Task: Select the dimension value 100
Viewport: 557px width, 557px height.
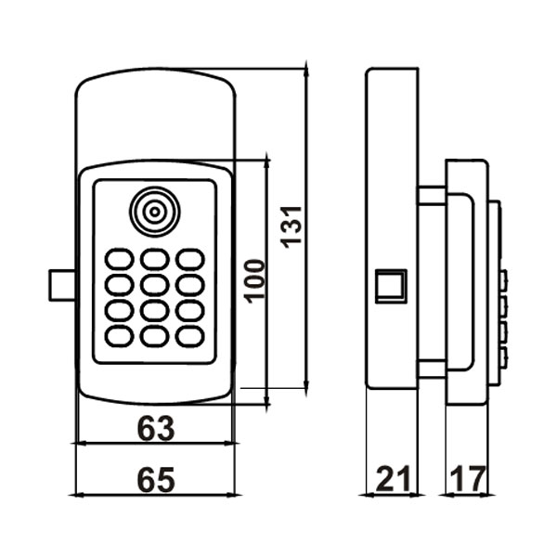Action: (255, 279)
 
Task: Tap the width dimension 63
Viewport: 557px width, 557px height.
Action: (156, 428)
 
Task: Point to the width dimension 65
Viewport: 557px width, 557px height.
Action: (156, 480)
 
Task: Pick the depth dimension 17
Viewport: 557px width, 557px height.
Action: (467, 480)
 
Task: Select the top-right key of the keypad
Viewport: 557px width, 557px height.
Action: (189, 259)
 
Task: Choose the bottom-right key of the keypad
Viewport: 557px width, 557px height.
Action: (189, 335)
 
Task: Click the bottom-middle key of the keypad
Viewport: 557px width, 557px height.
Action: (154, 335)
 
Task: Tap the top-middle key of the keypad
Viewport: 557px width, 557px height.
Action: (154, 259)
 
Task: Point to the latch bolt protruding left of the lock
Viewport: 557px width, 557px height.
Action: (61, 286)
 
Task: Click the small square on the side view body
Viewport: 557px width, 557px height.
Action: (389, 286)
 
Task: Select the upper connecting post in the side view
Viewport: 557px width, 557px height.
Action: (431, 195)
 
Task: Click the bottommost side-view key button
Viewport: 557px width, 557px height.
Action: (502, 357)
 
